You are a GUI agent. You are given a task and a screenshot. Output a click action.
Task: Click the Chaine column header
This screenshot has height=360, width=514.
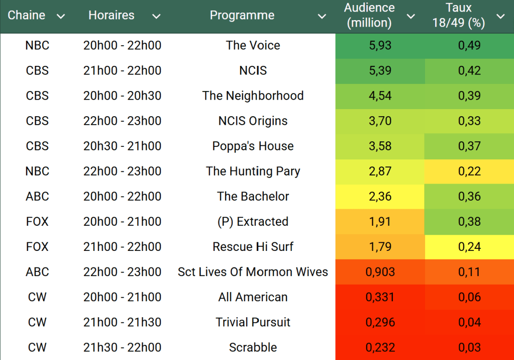[27, 16]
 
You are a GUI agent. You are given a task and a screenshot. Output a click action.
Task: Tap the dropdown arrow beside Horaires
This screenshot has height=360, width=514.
[156, 17]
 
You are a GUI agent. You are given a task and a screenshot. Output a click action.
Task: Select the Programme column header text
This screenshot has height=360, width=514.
[242, 16]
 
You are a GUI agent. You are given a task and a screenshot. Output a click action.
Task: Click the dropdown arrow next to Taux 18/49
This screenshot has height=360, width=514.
[500, 17]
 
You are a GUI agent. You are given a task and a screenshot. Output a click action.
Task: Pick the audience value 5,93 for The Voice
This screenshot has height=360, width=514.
[380, 46]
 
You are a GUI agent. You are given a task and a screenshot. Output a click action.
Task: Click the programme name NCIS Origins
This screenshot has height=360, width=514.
[253, 121]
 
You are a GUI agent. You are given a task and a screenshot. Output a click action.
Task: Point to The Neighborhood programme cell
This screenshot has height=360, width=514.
[253, 96]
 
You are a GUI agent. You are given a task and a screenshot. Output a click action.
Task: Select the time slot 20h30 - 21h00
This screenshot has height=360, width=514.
[122, 146]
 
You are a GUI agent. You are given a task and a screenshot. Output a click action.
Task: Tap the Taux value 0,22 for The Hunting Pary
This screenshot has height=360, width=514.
[469, 171]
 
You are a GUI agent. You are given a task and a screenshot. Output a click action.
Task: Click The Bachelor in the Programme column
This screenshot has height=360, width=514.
[253, 197]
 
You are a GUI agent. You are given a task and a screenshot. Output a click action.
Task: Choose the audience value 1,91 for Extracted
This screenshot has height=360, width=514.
[380, 222]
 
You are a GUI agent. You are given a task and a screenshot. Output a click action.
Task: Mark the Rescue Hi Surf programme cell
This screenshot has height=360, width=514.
[253, 247]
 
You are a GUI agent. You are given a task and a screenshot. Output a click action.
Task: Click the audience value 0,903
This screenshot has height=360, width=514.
[380, 272]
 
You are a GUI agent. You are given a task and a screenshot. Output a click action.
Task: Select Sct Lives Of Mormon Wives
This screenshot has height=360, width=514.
[253, 272]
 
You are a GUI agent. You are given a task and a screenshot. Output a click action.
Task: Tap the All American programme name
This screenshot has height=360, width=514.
[253, 297]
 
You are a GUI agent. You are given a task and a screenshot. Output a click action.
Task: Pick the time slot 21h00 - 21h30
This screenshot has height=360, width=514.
[122, 322]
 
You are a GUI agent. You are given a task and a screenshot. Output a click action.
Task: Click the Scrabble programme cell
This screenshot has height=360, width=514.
[253, 347]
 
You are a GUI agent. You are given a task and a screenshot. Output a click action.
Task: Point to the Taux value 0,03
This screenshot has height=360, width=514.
[469, 347]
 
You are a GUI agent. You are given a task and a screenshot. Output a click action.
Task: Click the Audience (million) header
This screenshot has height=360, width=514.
[369, 16]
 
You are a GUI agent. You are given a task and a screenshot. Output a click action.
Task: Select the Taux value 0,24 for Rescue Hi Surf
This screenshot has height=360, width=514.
[469, 247]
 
